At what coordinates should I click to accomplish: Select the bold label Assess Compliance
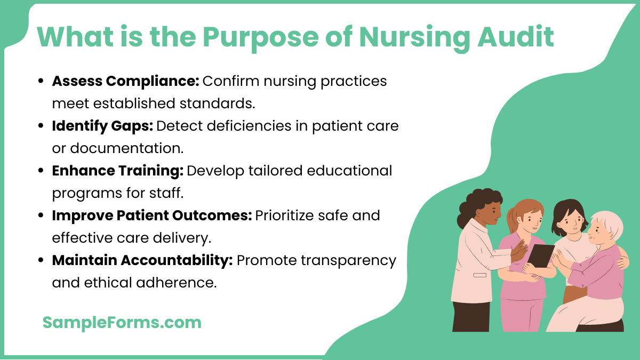coord(125,81)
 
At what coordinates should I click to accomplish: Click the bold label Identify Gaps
coord(102,126)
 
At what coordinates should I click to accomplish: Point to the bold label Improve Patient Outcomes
coord(151,215)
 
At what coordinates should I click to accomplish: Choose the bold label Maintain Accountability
coord(142,260)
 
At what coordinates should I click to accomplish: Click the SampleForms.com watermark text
coord(122,322)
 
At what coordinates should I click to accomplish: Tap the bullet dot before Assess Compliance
coord(41,82)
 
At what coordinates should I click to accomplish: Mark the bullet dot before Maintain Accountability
coord(41,261)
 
